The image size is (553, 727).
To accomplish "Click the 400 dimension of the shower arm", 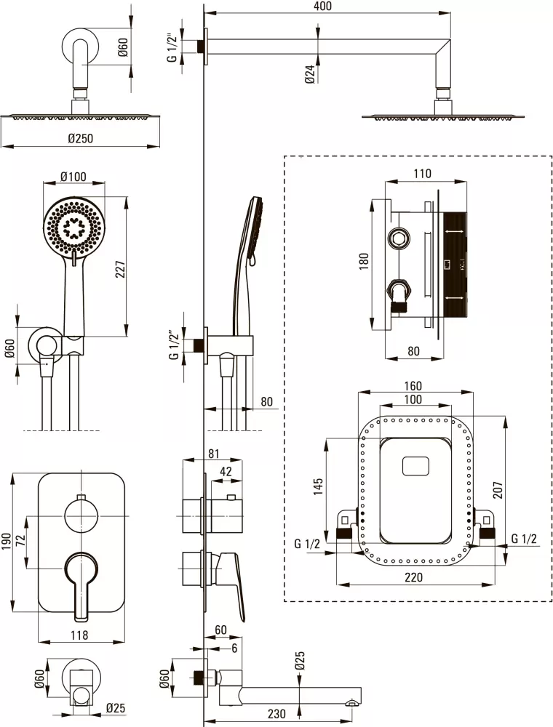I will coord(323,7).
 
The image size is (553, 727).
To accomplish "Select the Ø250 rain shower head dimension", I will coord(80,138).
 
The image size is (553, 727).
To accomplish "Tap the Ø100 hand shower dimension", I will coord(73,177).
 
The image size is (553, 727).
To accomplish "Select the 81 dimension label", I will coord(213,454).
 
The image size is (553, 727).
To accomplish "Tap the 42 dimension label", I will coord(226,472).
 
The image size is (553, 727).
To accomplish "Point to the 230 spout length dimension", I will coord(276,714).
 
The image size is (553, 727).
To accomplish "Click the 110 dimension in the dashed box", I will coord(422,173).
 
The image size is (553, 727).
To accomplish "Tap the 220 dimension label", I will coord(414,578).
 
